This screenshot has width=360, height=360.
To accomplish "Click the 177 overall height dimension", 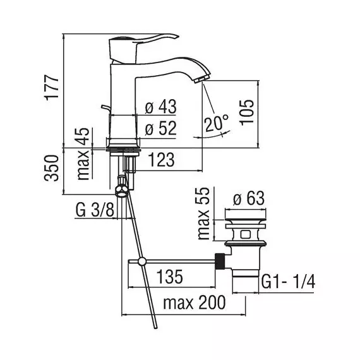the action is point(52,88).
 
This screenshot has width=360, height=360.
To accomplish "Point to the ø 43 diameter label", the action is point(161,107).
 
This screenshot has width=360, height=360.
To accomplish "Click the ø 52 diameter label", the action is point(161,128).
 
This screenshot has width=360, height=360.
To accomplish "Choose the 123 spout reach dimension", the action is point(162,160).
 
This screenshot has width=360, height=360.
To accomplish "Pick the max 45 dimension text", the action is point(83,154).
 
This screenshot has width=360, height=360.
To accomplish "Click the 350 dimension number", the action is point(51,168).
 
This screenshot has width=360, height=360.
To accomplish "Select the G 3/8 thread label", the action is point(95,210).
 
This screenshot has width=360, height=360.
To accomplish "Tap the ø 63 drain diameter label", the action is point(249,198).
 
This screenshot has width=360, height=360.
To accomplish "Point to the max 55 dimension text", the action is point(203,213).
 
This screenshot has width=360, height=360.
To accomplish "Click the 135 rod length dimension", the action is point(170,277).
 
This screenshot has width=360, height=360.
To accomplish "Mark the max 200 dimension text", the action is point(195,303).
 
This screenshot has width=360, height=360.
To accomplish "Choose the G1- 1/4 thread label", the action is point(289,282).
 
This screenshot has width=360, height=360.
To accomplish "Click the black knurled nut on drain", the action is point(220,261).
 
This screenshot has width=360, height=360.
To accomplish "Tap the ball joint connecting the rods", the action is point(142,261).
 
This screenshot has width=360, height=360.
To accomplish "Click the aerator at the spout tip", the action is point(199,79).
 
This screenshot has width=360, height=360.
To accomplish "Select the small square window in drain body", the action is point(246,234).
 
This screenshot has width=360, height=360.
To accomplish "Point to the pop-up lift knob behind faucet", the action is point(105,109).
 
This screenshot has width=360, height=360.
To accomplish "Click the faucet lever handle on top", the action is point(142,49).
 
